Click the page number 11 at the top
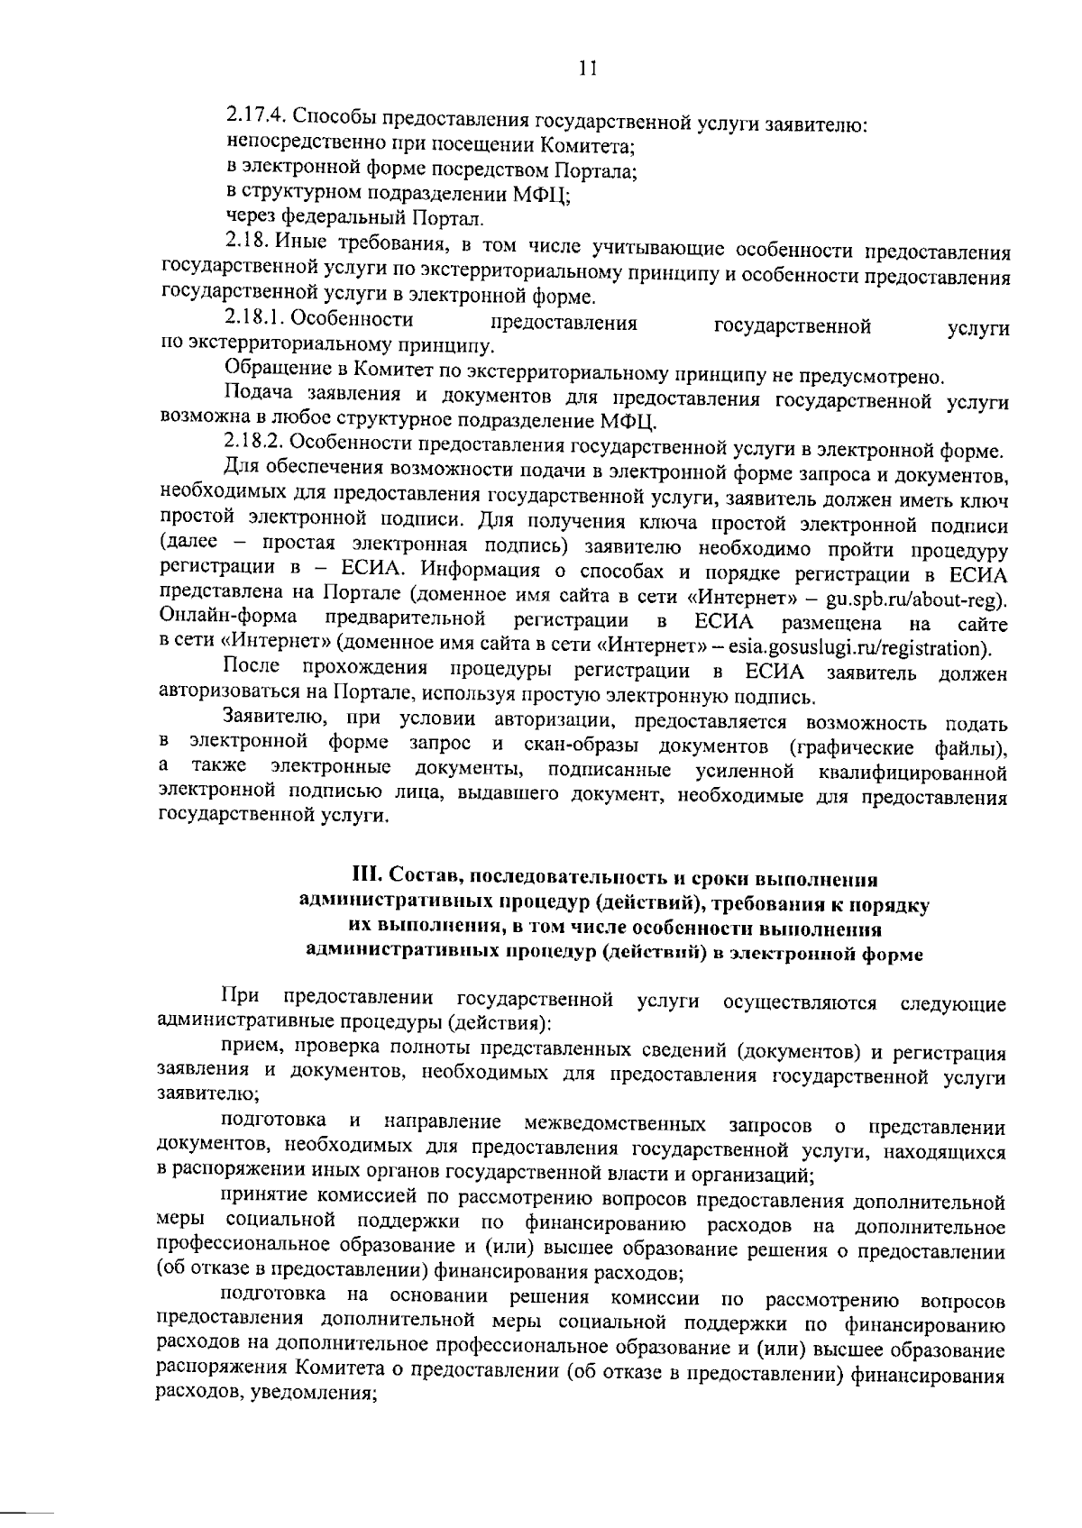588,69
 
